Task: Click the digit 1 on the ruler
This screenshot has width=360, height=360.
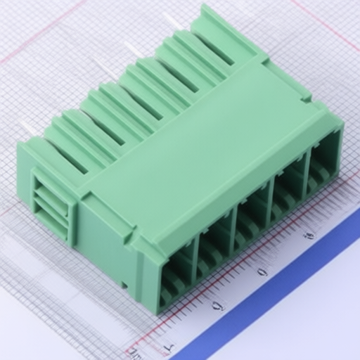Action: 167,347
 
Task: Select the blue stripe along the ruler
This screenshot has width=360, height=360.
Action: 281,295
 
